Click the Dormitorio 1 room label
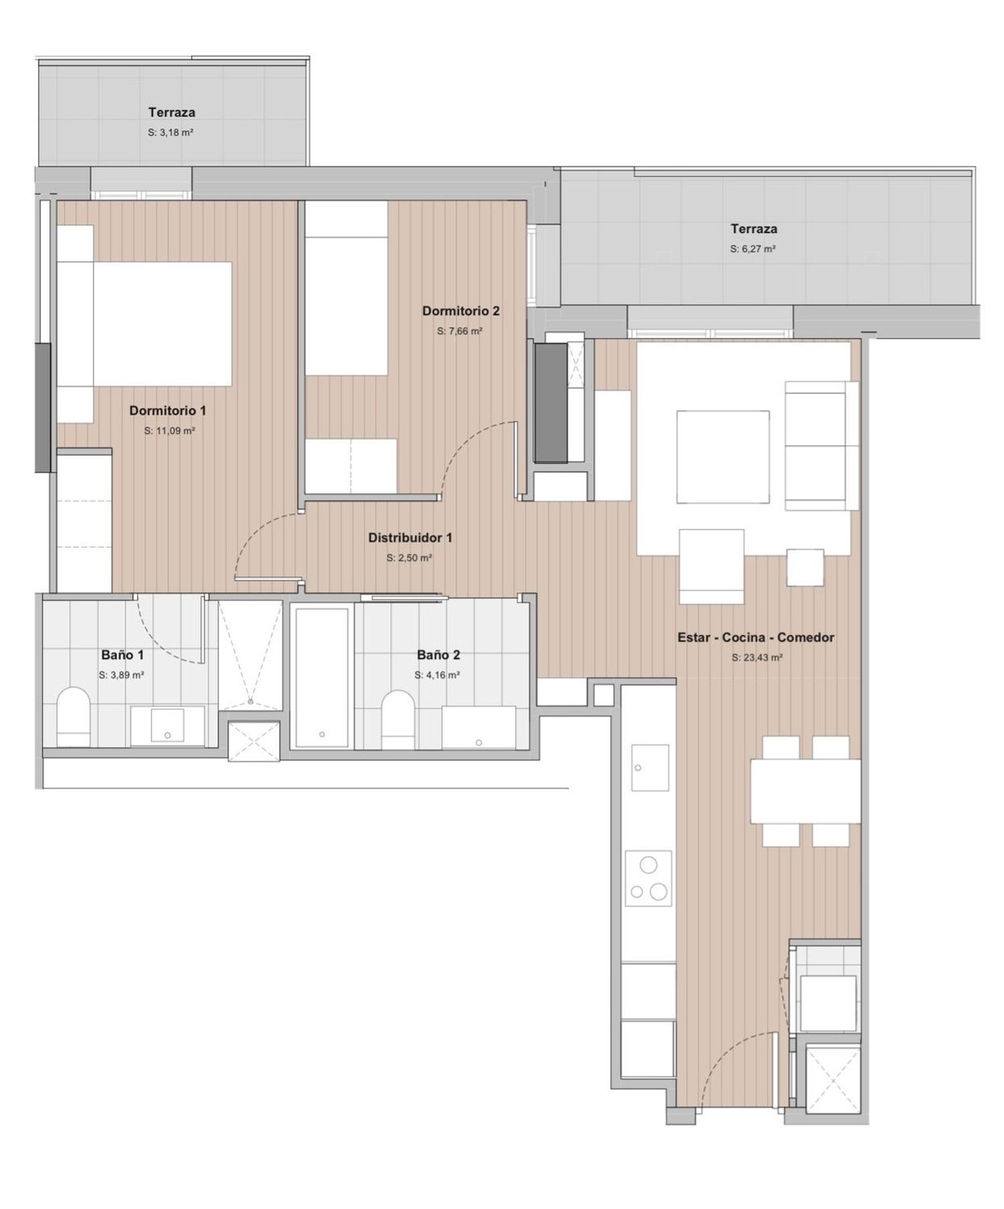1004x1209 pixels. click(x=167, y=410)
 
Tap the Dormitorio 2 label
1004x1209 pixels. click(x=461, y=311)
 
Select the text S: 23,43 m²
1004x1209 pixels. click(x=757, y=657)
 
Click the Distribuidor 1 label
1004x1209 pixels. click(x=410, y=538)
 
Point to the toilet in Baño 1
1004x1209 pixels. click(x=74, y=717)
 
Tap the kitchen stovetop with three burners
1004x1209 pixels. click(x=648, y=878)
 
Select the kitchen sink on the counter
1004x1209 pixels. click(x=650, y=768)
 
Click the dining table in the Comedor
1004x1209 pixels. click(x=805, y=791)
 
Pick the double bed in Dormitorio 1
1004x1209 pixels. click(x=144, y=324)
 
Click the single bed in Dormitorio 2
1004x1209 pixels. click(x=347, y=288)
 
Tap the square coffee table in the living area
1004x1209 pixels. click(x=723, y=457)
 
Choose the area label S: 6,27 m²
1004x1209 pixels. click(x=753, y=248)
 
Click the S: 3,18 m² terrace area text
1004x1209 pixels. click(x=171, y=133)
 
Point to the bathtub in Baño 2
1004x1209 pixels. click(x=322, y=676)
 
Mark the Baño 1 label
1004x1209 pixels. click(x=122, y=655)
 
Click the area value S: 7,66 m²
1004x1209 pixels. click(x=460, y=331)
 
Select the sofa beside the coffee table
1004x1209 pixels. click(x=821, y=446)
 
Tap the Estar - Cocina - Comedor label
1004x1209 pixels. click(x=756, y=638)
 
